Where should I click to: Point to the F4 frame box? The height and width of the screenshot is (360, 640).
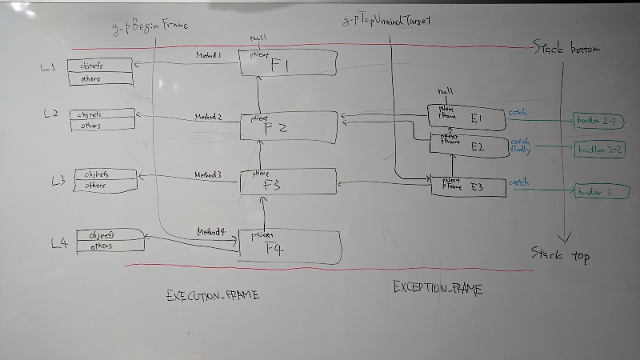[x=290, y=246]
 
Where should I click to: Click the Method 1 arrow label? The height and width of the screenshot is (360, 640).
[x=209, y=55]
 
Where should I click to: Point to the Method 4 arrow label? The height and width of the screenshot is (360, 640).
[x=212, y=231]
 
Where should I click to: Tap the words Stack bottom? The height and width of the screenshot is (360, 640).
[x=567, y=49]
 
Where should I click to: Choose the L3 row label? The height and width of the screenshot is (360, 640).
[x=58, y=181]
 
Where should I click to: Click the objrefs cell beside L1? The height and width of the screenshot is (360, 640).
[x=98, y=66]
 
